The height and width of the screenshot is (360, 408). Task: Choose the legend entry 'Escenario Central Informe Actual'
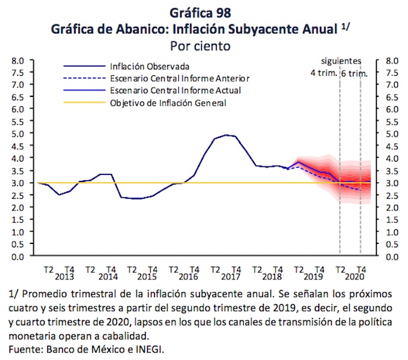tap(175, 90)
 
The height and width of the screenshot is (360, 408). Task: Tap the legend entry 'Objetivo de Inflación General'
tap(168, 103)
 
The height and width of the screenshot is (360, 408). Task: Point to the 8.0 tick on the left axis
tap(16, 60)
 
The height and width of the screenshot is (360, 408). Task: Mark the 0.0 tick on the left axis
tap(16, 256)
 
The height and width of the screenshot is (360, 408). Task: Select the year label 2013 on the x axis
tap(65, 277)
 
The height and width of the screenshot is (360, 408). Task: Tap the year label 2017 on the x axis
tap(231, 277)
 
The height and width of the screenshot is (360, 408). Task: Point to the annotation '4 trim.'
tap(323, 73)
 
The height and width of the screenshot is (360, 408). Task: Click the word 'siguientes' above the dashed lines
tap(342, 61)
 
